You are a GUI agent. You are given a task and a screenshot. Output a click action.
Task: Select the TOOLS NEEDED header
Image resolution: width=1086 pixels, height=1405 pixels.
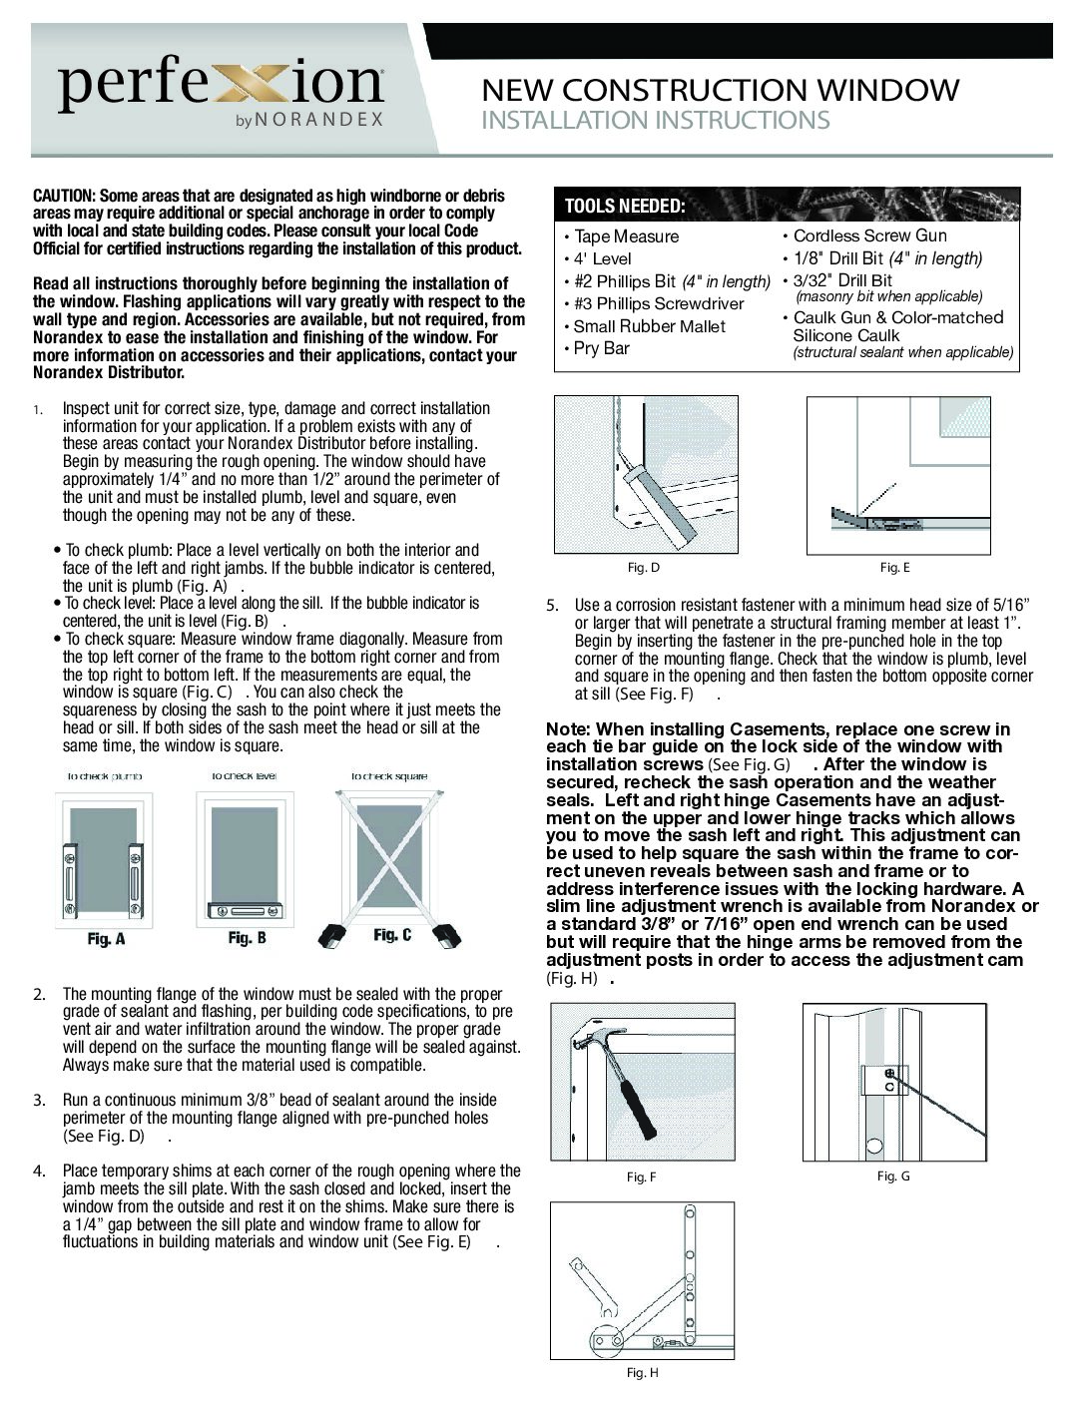point(624,207)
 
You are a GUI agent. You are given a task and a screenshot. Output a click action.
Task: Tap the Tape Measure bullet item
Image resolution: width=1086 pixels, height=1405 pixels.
point(626,236)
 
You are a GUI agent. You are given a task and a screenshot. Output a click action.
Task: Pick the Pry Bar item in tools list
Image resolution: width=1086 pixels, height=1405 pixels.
point(601,348)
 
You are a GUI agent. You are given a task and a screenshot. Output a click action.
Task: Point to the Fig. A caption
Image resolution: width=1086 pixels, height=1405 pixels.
point(106,939)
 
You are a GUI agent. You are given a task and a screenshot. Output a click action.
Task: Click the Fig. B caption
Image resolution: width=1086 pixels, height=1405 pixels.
point(247,938)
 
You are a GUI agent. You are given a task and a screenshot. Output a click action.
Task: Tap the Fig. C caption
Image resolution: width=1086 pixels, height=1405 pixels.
point(392,936)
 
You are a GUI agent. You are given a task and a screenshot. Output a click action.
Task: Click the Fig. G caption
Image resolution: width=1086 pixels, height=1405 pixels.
point(893,1176)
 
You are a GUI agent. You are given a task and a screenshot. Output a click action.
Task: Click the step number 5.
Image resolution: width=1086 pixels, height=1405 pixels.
point(552,605)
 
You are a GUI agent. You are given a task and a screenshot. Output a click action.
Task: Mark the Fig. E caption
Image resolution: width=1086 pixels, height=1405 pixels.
point(894,568)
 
